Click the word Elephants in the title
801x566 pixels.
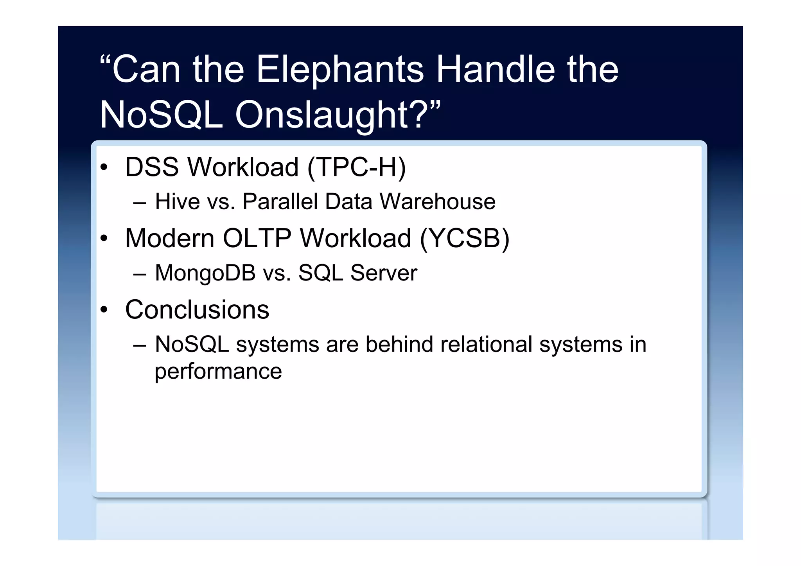click(339, 70)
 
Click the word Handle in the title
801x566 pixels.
click(495, 70)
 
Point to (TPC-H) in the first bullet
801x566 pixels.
click(357, 167)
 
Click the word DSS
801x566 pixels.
click(152, 167)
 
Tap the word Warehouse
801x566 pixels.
click(437, 202)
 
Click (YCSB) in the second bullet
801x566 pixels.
click(464, 239)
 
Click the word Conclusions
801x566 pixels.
click(197, 310)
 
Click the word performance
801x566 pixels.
click(218, 372)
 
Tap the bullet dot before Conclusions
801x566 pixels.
click(104, 310)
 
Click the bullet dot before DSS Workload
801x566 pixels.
click(104, 167)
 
